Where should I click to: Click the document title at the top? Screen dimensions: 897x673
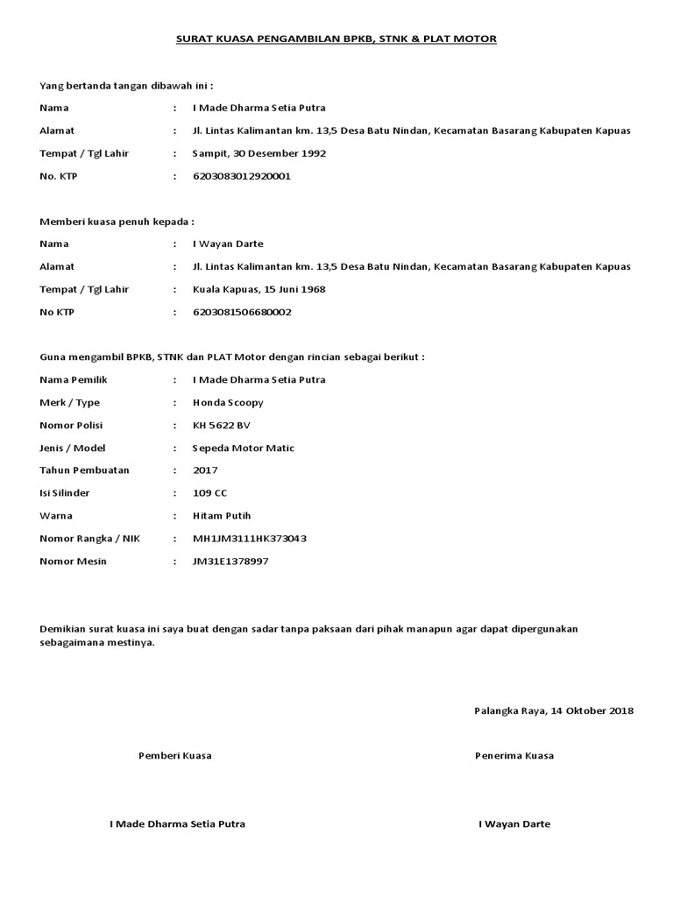click(336, 39)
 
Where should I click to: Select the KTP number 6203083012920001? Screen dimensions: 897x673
click(241, 176)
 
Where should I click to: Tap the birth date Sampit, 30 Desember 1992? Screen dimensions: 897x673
click(259, 153)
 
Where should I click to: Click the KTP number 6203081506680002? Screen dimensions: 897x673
click(242, 312)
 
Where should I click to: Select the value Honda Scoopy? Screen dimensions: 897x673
click(228, 403)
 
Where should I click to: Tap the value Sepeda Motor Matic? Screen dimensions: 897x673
click(244, 448)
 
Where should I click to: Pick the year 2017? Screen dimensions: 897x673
click(206, 470)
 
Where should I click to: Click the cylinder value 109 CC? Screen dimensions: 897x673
click(209, 493)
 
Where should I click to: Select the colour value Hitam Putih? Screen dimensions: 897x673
click(222, 516)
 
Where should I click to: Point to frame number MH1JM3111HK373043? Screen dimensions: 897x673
click(250, 539)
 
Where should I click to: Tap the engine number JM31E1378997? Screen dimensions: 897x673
click(230, 561)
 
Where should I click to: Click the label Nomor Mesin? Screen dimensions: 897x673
click(74, 561)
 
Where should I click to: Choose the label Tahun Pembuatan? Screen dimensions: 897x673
click(84, 470)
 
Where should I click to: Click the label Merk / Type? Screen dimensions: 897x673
click(70, 403)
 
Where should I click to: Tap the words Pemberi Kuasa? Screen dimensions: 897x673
click(174, 755)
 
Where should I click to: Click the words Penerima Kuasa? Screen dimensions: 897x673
click(514, 755)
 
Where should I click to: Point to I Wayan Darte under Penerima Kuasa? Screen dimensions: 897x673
click(514, 824)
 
